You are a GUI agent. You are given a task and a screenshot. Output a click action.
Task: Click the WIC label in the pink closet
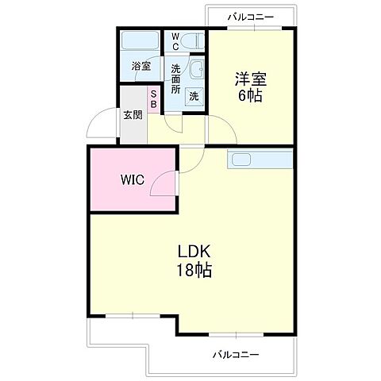click(132, 179)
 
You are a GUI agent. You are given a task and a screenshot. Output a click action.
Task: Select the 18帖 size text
click(193, 271)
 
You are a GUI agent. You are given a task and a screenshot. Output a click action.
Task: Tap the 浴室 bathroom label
click(140, 67)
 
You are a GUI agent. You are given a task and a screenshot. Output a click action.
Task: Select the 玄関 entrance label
click(132, 114)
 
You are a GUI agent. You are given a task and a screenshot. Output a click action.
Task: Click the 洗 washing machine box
click(194, 96)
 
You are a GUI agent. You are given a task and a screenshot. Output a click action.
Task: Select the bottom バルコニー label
click(234, 354)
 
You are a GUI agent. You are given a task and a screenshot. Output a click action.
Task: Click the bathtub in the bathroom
click(140, 41)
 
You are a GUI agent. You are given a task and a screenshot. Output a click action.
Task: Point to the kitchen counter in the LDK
click(260, 159)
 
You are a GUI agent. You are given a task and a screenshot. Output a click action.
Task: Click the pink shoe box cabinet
click(155, 99)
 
